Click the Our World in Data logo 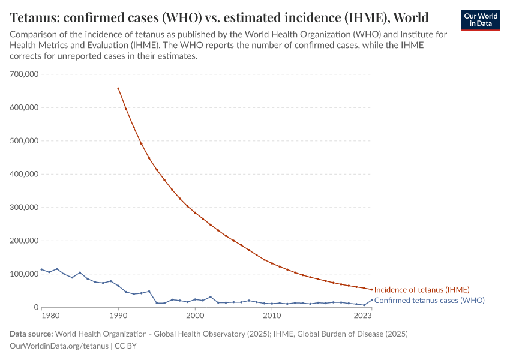pos(480,20)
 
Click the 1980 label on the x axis pos(50,316)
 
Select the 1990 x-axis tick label pos(118,316)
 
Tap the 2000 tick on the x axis pos(195,316)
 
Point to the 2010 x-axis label pos(272,316)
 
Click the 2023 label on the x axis pos(363,316)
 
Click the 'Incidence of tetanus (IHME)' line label pos(422,290)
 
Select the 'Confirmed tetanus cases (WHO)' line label pos(429,300)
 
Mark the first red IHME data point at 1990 pos(118,88)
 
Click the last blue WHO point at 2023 pos(371,300)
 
